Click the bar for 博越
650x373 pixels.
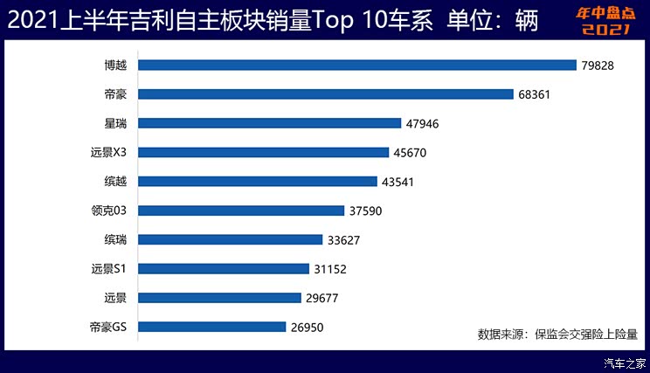(x=356, y=65)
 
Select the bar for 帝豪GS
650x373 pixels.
(x=211, y=327)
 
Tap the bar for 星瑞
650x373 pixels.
(x=269, y=123)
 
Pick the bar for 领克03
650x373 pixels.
(x=241, y=211)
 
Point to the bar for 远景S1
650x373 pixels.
(x=224, y=269)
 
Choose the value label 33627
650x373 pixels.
(x=347, y=240)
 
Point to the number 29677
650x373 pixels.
(x=322, y=299)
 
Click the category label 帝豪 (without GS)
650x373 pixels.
(x=114, y=94)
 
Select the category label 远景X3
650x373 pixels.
(x=108, y=153)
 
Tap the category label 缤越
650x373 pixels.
(x=114, y=182)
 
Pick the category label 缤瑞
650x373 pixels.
(x=114, y=240)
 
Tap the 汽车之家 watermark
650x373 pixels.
(x=626, y=363)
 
